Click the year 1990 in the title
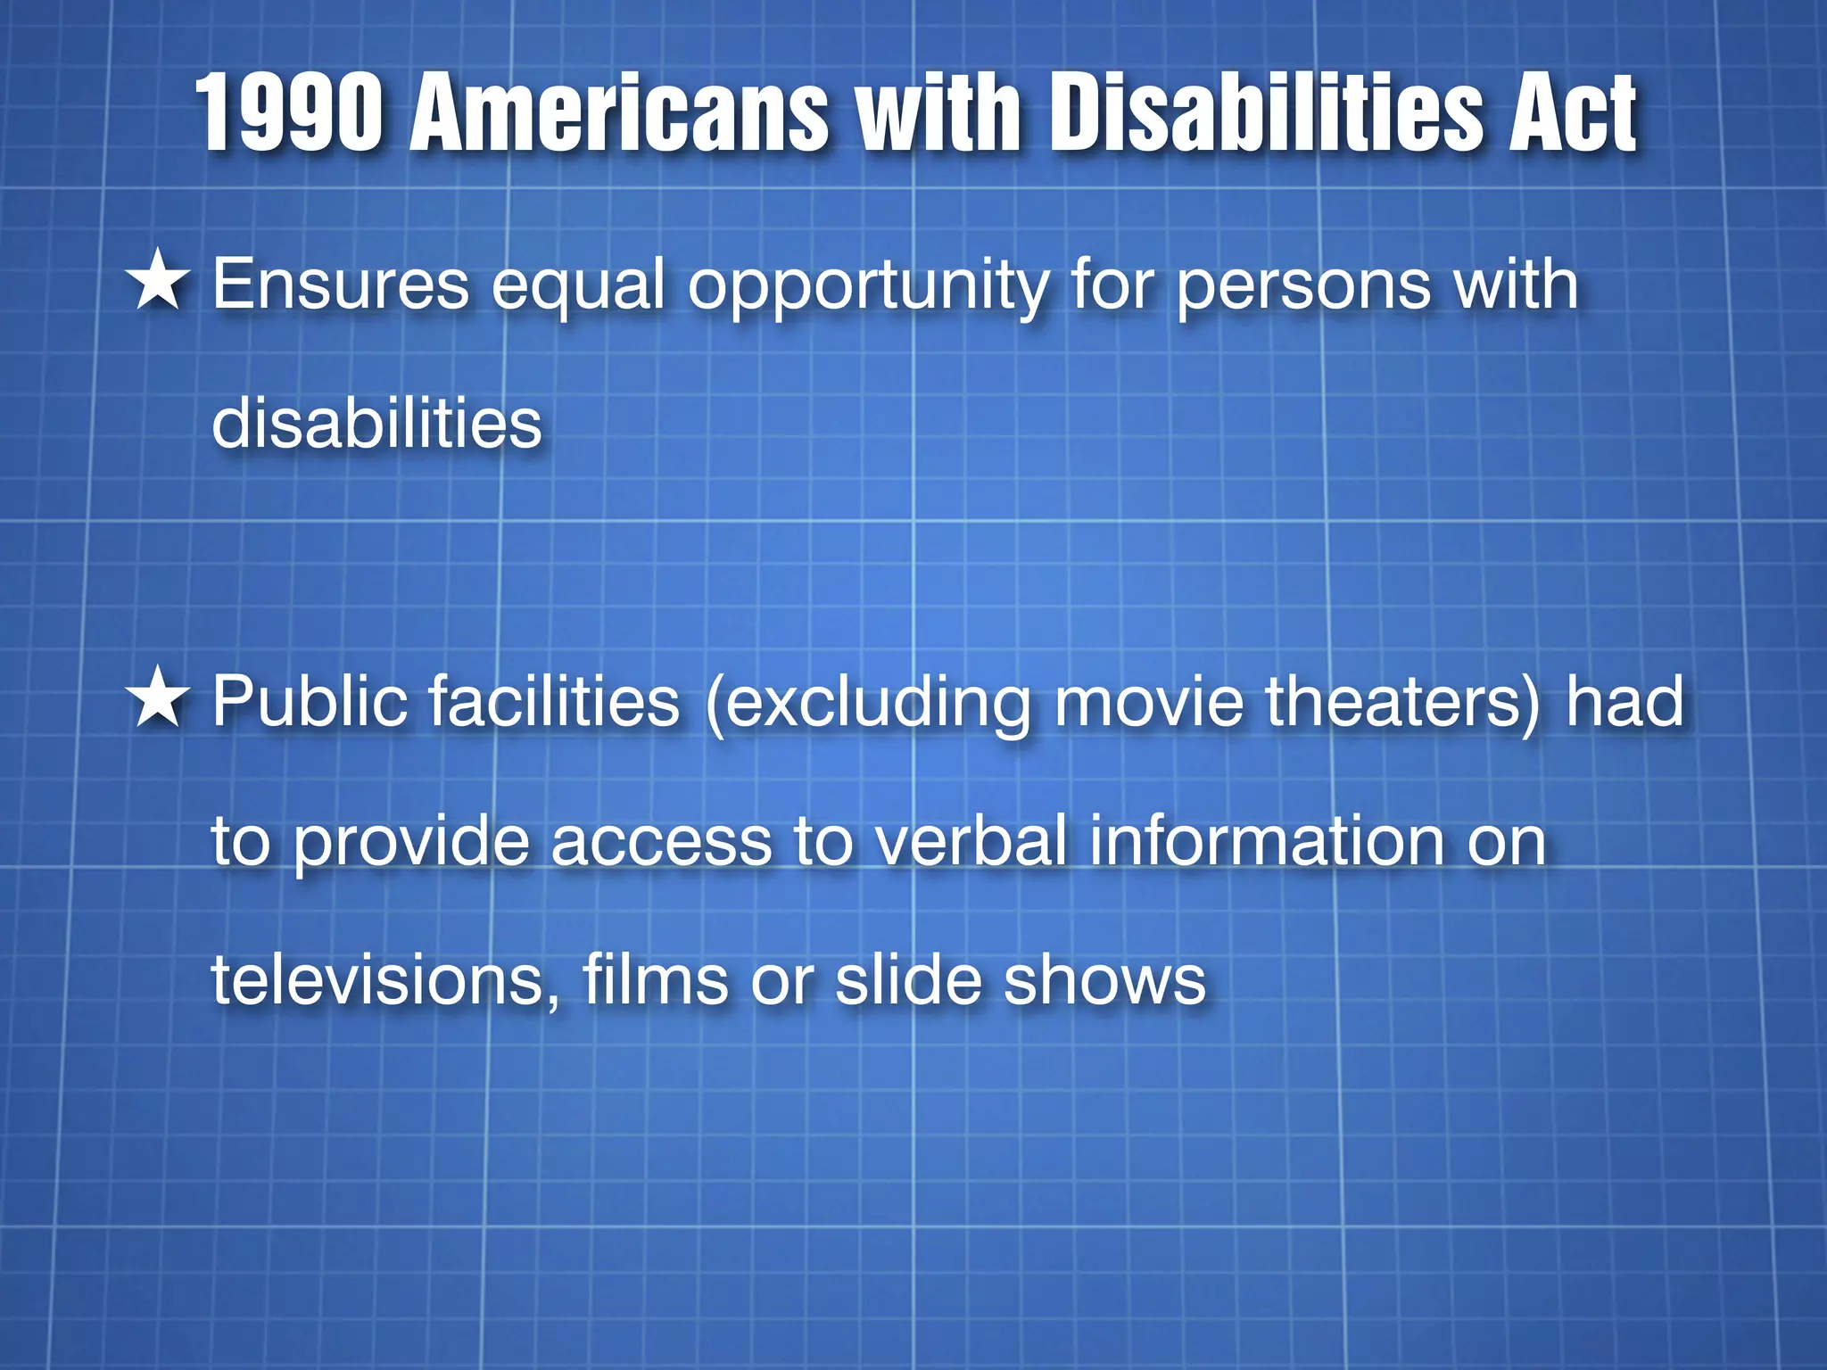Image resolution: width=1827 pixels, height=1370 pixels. click(x=290, y=113)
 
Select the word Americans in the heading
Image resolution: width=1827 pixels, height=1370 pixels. click(x=619, y=113)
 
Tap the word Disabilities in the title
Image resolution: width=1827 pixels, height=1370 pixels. click(x=1266, y=113)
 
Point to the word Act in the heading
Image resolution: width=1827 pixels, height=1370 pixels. click(x=1572, y=113)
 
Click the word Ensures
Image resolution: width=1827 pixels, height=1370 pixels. click(x=341, y=285)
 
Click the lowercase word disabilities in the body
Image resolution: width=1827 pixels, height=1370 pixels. click(x=376, y=423)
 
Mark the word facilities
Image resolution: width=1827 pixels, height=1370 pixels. click(x=554, y=702)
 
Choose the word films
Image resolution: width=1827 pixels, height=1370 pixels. click(x=656, y=981)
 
